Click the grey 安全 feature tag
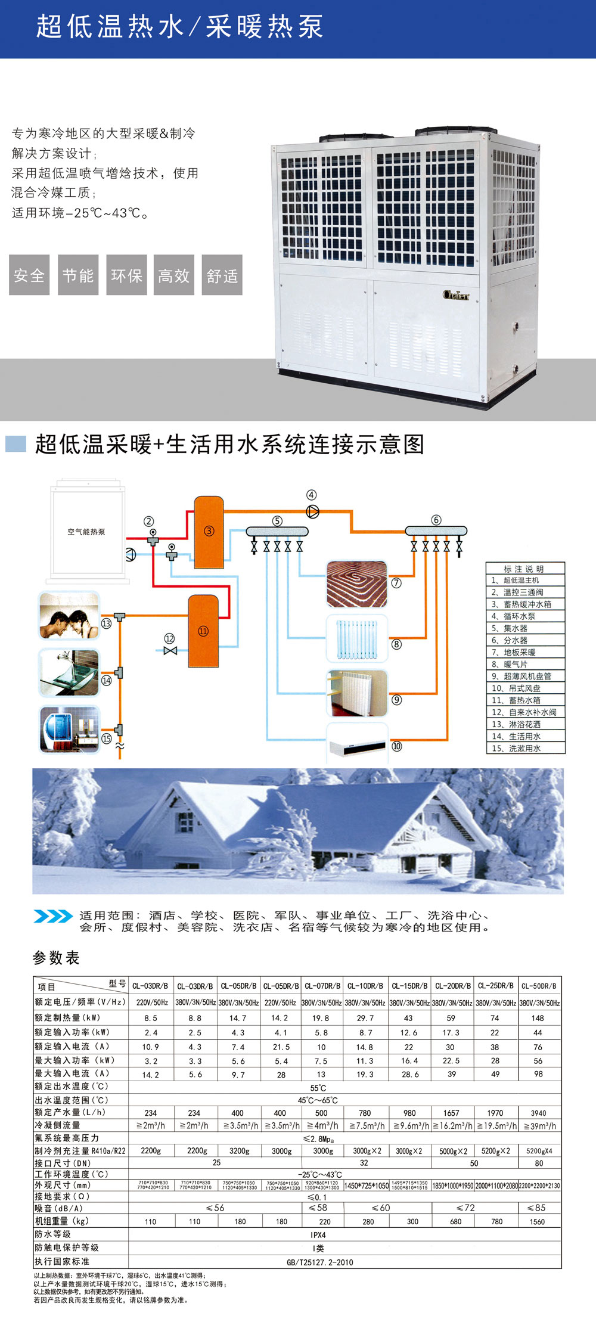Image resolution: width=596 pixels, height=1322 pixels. point(29,275)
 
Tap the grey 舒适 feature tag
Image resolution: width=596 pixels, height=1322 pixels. point(222,275)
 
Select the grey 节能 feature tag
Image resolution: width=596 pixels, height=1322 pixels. point(78,275)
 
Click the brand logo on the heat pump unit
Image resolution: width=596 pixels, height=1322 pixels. point(456,294)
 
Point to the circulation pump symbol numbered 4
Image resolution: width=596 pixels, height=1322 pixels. point(312,511)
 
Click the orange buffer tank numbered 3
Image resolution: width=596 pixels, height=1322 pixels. point(209,532)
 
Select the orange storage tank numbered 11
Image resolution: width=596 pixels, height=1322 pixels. point(203,631)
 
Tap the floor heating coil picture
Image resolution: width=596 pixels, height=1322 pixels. point(357,584)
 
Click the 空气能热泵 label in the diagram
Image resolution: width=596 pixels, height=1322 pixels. point(86,532)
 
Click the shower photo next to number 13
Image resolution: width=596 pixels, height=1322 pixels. point(69,616)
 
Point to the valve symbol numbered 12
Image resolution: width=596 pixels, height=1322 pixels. point(170,650)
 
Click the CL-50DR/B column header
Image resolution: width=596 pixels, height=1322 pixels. point(539,986)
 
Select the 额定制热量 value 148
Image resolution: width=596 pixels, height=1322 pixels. point(538,1018)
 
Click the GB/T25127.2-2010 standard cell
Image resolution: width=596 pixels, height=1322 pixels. point(319,1262)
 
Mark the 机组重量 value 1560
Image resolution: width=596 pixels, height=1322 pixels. point(537,1221)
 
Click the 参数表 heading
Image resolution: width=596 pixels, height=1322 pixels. point(56,958)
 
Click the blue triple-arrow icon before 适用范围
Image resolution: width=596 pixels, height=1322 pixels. point(53,916)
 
